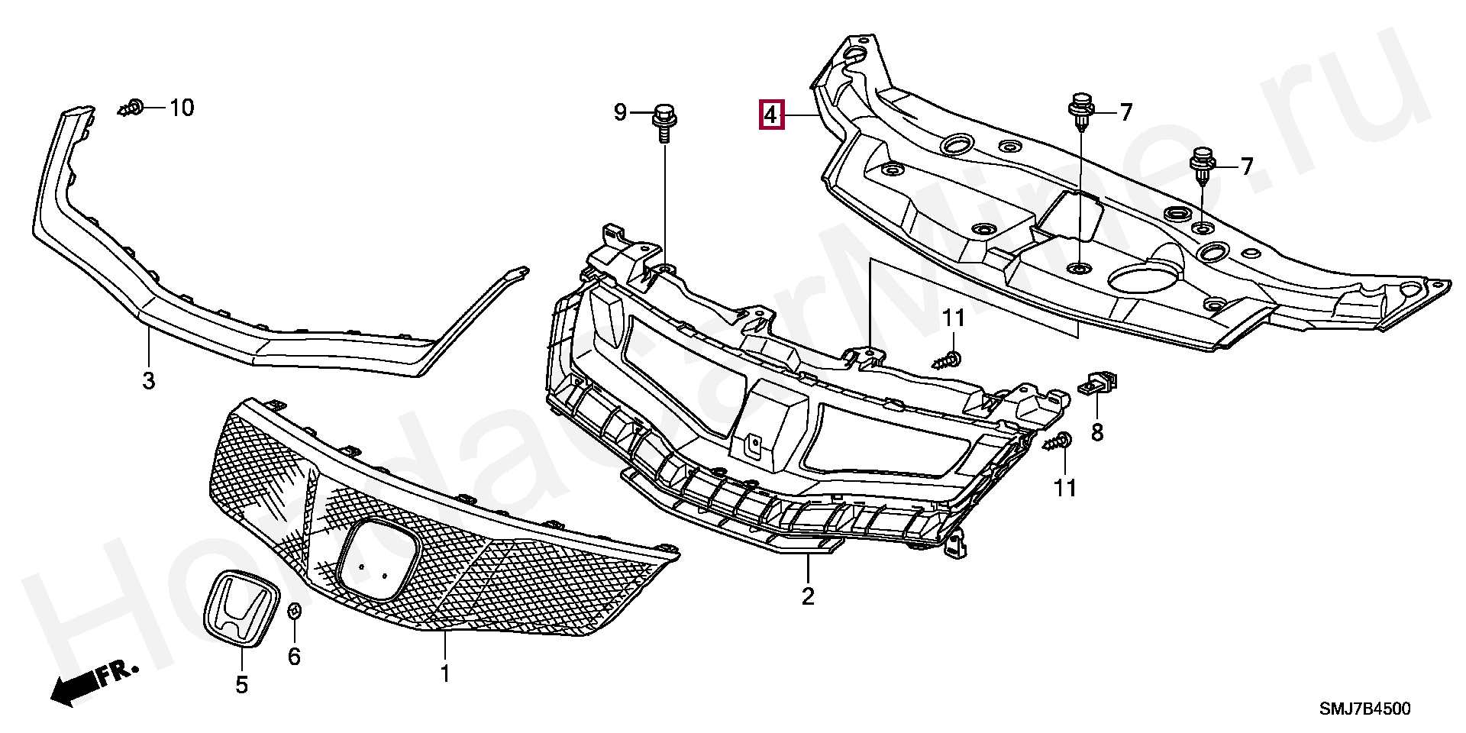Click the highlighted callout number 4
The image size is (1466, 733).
point(770,115)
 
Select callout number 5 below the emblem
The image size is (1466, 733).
point(241,686)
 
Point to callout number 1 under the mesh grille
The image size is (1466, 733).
point(444,674)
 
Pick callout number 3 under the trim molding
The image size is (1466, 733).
point(148,379)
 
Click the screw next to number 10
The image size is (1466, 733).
point(131,108)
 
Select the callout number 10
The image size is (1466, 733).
point(181,108)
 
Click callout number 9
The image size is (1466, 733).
point(620,114)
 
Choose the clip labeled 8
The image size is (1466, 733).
point(1097,383)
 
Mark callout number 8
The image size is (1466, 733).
point(1096,433)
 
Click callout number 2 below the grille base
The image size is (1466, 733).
point(808,596)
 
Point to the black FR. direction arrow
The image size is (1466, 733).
point(73,689)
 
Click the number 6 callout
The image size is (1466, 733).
point(294,656)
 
